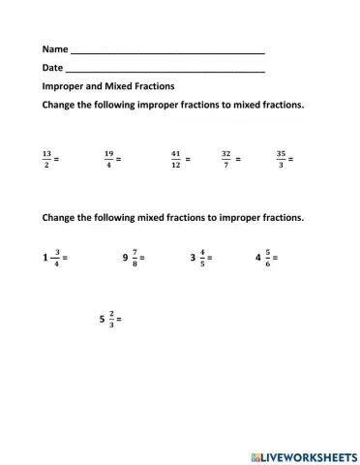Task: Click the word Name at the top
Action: pos(54,49)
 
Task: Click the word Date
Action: pos(51,69)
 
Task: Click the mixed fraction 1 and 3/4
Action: pos(52,259)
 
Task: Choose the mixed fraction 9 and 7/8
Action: pos(133,259)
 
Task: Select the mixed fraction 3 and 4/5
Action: pos(198,259)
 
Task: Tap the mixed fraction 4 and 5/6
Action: pos(263,259)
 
